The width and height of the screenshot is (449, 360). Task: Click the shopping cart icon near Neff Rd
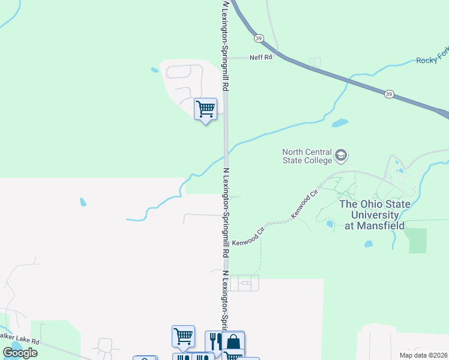(205, 109)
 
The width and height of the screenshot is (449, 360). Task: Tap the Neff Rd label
(261, 58)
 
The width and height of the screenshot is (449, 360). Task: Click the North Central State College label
(307, 156)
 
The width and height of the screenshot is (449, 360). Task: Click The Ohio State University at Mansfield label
(375, 215)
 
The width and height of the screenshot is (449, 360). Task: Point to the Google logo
(20, 353)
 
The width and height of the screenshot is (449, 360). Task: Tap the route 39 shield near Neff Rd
(259, 38)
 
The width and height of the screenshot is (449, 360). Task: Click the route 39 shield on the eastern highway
(389, 94)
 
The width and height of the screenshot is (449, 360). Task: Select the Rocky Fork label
(432, 61)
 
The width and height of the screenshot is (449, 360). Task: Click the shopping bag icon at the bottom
(233, 342)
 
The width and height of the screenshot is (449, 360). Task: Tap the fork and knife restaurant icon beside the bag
(215, 341)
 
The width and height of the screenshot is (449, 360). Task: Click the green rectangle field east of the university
(416, 241)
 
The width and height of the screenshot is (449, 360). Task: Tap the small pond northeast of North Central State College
(340, 124)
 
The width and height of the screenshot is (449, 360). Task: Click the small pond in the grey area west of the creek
(83, 202)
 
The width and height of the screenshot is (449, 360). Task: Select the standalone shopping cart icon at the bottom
(183, 336)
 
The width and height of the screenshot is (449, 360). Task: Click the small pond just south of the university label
(369, 244)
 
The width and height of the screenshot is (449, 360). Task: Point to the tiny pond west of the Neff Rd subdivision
(155, 70)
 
